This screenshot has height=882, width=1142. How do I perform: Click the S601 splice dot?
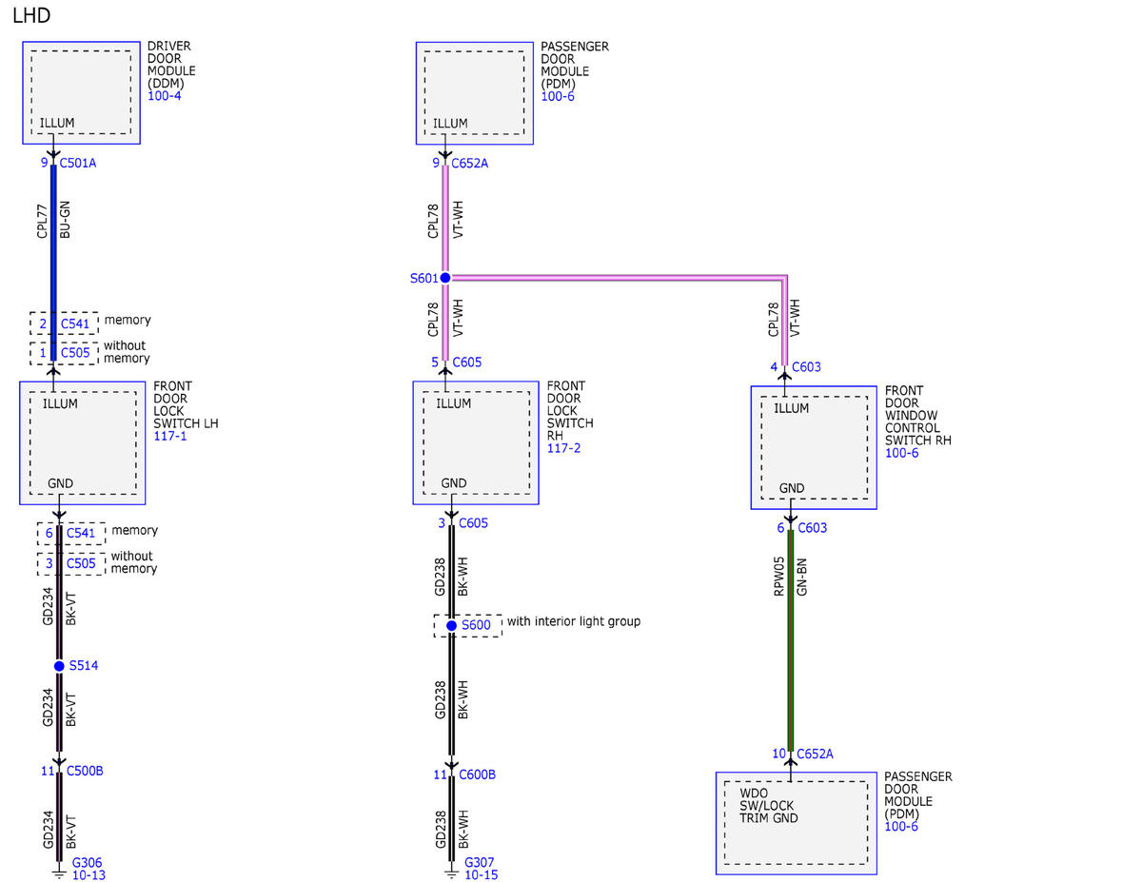click(x=445, y=278)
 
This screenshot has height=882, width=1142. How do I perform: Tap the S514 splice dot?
click(x=59, y=666)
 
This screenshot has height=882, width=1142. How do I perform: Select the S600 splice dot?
click(x=451, y=626)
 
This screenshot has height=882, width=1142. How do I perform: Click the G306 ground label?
click(x=88, y=863)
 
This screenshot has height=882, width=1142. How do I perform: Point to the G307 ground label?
click(x=480, y=863)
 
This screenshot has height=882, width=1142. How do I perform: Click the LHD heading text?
click(x=31, y=16)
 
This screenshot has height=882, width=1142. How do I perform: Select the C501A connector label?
click(x=78, y=164)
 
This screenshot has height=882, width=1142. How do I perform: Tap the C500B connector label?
click(x=85, y=771)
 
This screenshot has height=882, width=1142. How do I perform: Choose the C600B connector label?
click(x=477, y=774)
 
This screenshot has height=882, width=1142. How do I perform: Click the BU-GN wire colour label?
click(x=65, y=220)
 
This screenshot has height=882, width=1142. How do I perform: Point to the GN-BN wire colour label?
click(x=801, y=577)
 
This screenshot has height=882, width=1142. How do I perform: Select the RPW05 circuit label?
click(x=778, y=577)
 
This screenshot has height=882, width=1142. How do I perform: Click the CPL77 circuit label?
click(x=42, y=221)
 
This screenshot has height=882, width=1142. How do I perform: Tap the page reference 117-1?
click(x=170, y=436)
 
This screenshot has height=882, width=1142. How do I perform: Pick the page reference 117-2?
click(x=564, y=448)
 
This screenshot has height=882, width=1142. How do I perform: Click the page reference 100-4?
click(x=165, y=96)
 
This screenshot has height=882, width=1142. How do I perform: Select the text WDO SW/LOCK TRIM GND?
click(x=769, y=805)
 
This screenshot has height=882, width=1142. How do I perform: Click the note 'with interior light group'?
click(x=574, y=621)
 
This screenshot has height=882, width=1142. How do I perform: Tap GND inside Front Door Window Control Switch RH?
click(x=792, y=488)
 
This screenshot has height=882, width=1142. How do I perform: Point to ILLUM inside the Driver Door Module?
click(x=57, y=123)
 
